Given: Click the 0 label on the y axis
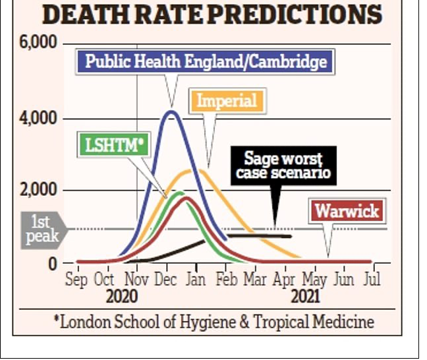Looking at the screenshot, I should (x=53, y=263).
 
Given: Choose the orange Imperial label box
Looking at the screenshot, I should (x=227, y=101).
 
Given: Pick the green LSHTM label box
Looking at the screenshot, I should (x=113, y=144).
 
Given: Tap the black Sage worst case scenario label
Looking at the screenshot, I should (x=283, y=166).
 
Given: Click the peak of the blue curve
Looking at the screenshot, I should (x=171, y=111).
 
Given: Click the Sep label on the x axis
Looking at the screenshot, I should (x=78, y=278).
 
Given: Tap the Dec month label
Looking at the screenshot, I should (x=165, y=278).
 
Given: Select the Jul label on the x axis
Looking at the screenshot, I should (x=372, y=278).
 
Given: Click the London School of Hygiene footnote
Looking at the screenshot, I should (x=213, y=322).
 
